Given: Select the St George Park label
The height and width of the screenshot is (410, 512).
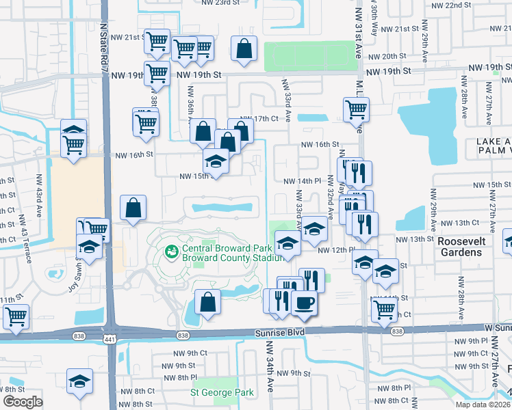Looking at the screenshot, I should (x=222, y=393).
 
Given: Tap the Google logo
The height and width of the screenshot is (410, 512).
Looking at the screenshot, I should (x=23, y=402).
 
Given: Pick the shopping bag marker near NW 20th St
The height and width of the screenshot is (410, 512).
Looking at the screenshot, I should (x=244, y=49).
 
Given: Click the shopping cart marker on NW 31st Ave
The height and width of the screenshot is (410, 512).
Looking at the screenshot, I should (x=356, y=109).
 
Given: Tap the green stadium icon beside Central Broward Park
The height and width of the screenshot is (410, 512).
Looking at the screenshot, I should (x=171, y=253).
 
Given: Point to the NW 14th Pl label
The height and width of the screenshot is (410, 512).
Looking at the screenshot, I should (x=303, y=180).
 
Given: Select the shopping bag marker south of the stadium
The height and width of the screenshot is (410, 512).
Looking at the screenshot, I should (x=207, y=302).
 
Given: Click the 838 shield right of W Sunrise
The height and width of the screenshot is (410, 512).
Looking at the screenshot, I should (x=398, y=331).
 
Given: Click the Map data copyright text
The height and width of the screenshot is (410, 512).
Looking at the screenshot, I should (x=484, y=404).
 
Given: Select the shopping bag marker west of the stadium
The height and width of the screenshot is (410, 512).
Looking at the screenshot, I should (x=133, y=208).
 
